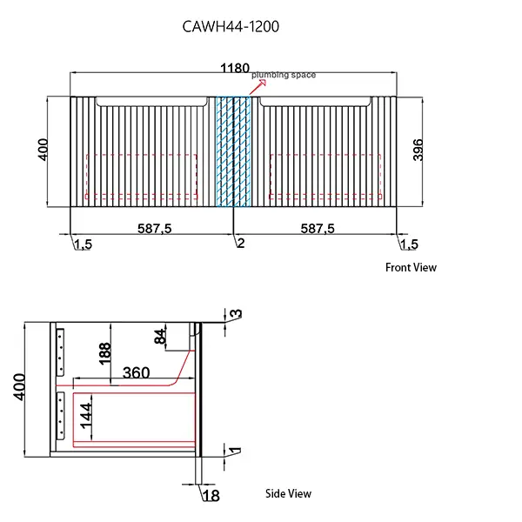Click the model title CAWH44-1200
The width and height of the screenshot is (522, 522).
231,27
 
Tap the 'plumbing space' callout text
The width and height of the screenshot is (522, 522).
284,76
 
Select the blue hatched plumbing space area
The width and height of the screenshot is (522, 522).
233,152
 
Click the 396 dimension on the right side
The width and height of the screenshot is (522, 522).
418,151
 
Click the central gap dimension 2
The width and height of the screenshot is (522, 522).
241,244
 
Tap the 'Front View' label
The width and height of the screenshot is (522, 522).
411,268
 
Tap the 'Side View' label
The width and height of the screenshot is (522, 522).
288,493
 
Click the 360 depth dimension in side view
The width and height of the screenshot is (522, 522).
136,372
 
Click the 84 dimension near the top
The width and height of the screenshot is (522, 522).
160,337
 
